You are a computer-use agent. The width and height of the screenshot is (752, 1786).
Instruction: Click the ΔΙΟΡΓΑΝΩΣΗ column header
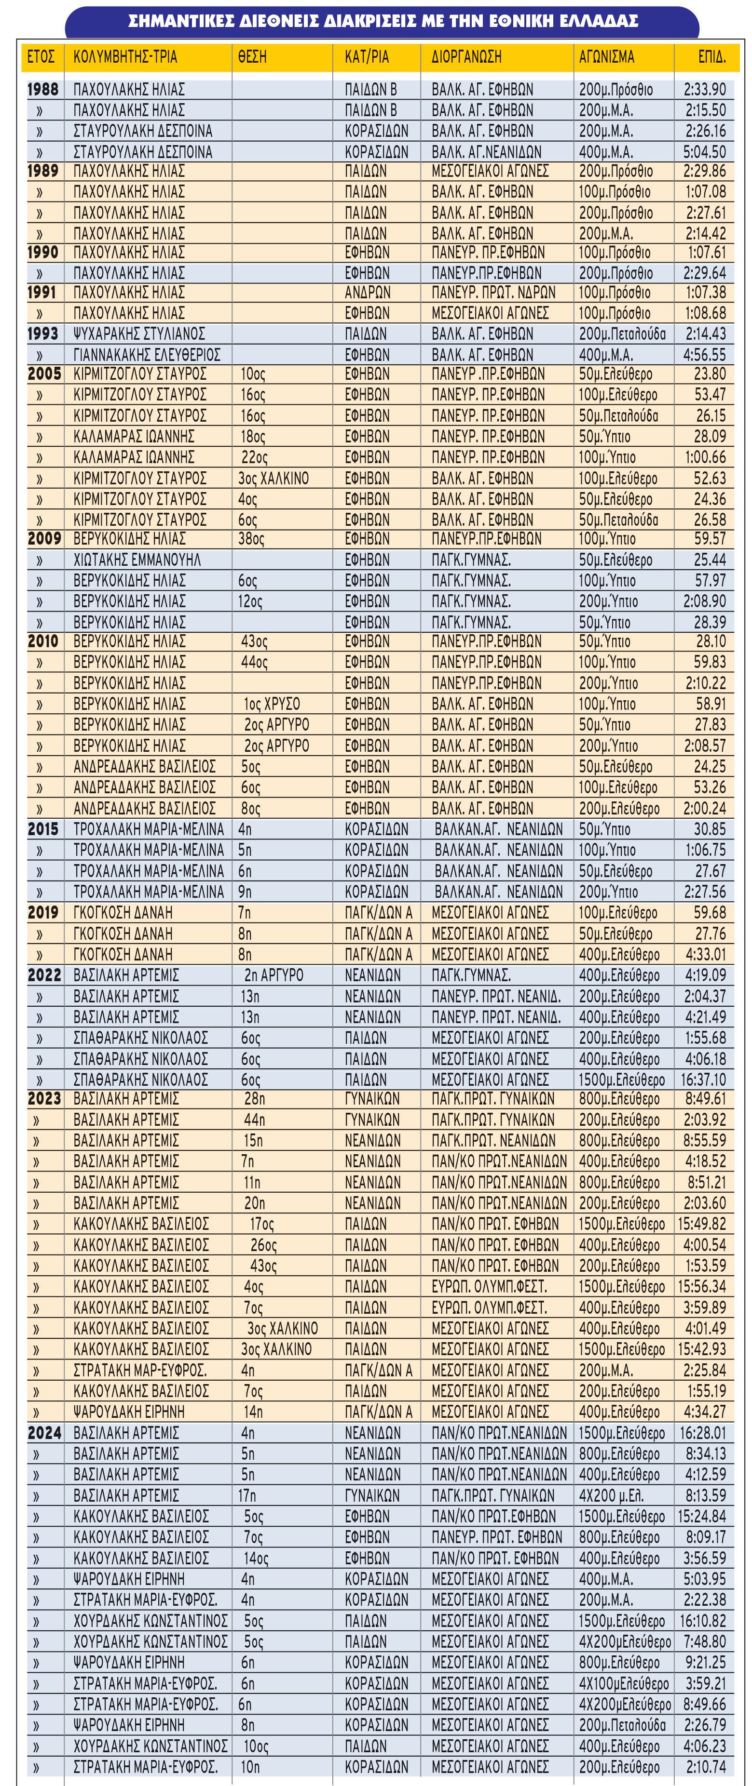click(465, 57)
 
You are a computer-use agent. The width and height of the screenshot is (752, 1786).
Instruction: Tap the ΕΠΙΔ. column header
click(711, 57)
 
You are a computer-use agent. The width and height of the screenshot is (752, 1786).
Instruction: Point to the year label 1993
click(43, 333)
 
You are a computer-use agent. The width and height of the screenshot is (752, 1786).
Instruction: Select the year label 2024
click(44, 1432)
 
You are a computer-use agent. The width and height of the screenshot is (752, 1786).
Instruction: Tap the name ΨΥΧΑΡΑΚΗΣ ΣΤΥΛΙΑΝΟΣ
click(139, 334)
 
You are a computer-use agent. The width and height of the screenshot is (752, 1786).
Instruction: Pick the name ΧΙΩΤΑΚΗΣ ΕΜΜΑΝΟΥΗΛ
click(137, 560)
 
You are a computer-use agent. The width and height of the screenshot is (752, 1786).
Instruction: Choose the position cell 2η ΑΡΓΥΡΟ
click(273, 975)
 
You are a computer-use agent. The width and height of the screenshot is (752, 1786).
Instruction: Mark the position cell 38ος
click(252, 539)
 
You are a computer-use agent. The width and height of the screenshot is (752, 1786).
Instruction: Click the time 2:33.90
click(705, 90)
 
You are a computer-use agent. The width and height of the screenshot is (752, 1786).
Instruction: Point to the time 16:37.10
click(703, 1080)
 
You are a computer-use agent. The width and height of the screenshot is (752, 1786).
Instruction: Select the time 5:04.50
click(705, 152)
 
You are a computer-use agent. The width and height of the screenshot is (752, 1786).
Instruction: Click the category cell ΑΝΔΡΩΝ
click(367, 293)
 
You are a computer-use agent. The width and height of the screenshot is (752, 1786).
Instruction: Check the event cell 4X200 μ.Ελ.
click(613, 1495)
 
